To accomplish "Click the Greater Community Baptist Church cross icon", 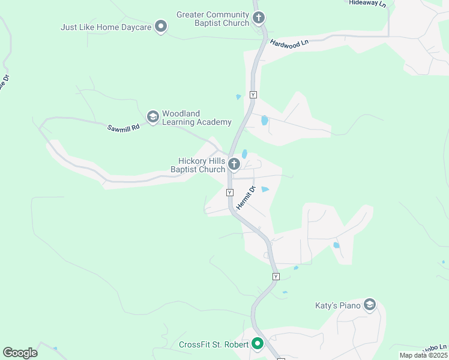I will [259, 17].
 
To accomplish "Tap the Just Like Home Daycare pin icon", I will [160, 26].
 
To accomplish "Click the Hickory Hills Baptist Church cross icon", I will [234, 164].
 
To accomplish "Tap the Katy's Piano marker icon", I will [370, 305].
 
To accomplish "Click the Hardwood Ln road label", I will [289, 43].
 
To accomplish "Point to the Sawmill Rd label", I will [123, 127].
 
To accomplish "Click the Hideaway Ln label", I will [367, 3].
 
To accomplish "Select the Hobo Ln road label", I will [434, 349].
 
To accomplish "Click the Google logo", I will [20, 352].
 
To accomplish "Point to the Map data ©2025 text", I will [423, 355].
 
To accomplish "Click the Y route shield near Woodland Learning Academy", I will [253, 95].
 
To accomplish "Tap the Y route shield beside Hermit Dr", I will [229, 193].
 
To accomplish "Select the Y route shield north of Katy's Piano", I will [276, 277].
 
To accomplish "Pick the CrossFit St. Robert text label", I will [213, 344].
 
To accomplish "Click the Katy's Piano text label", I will [338, 306].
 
